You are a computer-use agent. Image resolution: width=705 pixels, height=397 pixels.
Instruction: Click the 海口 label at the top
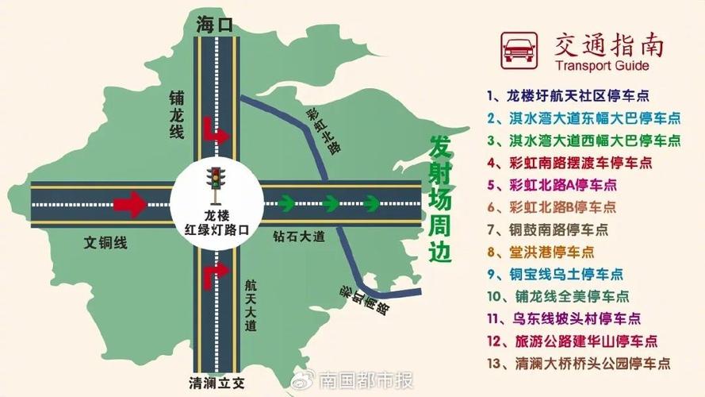click(x=214, y=25)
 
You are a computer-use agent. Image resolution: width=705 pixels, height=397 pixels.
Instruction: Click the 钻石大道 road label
click(x=299, y=236)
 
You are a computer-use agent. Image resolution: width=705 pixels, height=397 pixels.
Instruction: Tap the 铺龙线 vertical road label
click(x=176, y=116)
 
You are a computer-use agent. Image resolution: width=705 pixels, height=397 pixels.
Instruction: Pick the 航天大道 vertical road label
click(x=251, y=306)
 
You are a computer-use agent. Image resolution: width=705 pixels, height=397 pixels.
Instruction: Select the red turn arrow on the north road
click(x=216, y=132)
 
